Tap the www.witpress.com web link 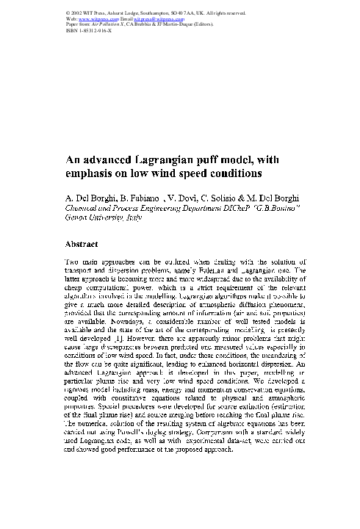coord(90,18)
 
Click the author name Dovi coord(179,199)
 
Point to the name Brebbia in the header coord(147,24)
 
